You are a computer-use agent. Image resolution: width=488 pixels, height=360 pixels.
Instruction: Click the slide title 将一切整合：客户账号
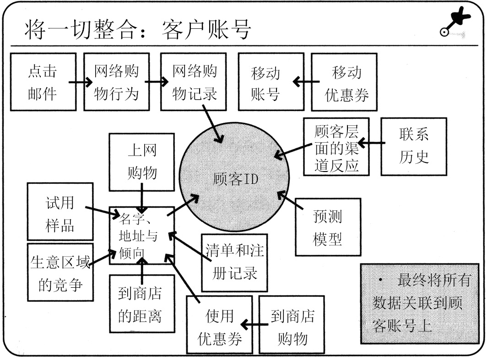(138, 28)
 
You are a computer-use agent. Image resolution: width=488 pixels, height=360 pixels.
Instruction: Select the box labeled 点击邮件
(43, 82)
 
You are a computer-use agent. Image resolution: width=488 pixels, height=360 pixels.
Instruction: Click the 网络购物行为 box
(116, 82)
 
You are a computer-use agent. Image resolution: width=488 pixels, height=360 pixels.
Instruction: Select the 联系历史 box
(414, 147)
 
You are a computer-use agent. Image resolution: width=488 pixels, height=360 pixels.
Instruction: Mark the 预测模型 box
(328, 227)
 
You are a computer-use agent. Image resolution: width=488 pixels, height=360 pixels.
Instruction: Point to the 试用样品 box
(60, 211)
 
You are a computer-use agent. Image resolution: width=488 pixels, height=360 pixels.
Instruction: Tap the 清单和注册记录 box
(234, 263)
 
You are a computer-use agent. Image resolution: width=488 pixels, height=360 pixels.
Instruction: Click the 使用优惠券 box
(219, 324)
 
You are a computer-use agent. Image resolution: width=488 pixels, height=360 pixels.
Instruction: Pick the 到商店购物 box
(292, 324)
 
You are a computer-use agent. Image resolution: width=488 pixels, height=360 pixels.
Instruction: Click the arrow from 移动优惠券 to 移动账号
(306, 82)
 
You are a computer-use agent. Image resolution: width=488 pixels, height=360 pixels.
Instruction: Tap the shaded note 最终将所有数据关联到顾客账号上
(419, 303)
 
